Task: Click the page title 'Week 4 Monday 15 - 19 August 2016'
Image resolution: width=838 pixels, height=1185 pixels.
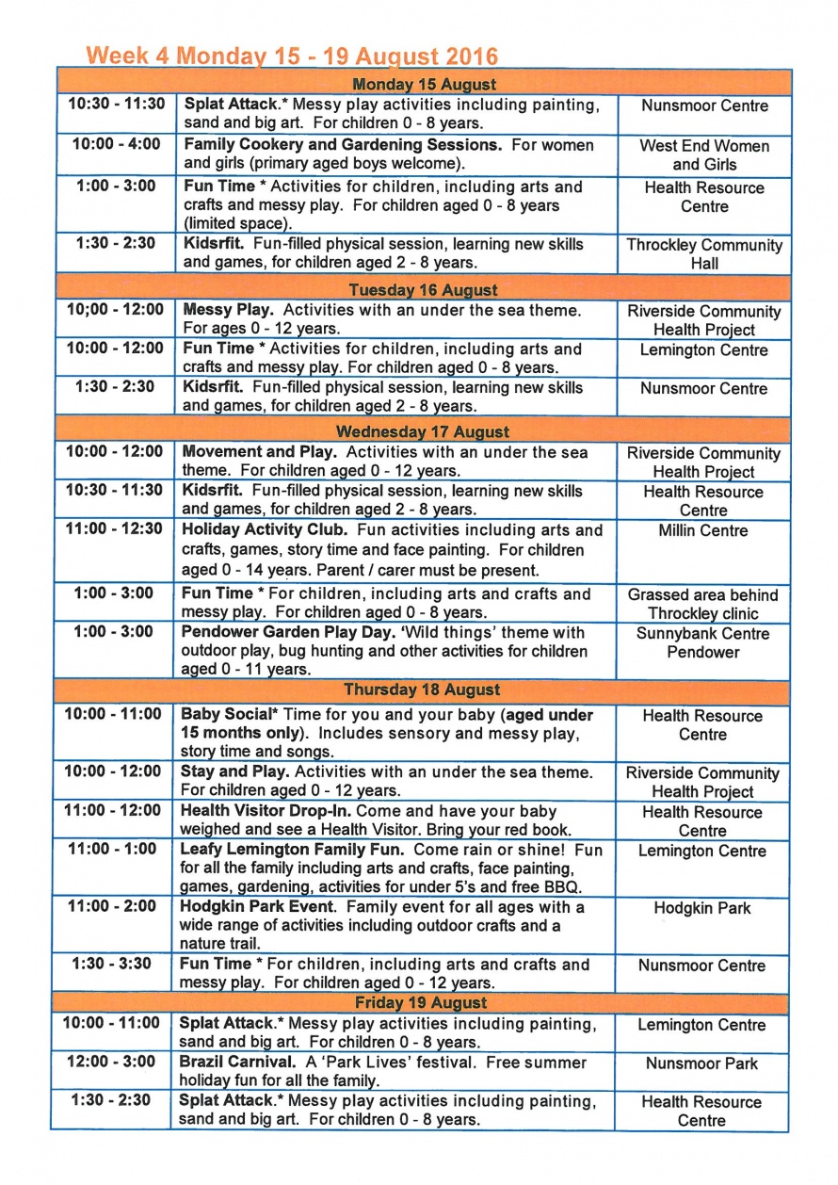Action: pyautogui.click(x=291, y=56)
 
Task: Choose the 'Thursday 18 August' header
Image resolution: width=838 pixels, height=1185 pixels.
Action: pyautogui.click(x=421, y=690)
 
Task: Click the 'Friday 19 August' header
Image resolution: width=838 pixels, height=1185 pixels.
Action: pyautogui.click(x=421, y=1002)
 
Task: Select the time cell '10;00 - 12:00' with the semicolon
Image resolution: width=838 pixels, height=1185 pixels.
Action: pyautogui.click(x=114, y=310)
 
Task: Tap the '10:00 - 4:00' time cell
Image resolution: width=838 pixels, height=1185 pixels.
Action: pyautogui.click(x=115, y=145)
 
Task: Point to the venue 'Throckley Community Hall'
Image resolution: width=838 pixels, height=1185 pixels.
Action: pyautogui.click(x=703, y=254)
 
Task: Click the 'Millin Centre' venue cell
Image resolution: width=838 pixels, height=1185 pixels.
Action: pyautogui.click(x=703, y=531)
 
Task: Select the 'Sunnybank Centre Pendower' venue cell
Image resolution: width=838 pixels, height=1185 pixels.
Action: pyautogui.click(x=702, y=642)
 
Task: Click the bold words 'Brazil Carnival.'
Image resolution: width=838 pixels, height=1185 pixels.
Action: pyautogui.click(x=235, y=1063)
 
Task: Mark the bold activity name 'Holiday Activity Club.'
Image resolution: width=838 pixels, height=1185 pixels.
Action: pyautogui.click(x=258, y=530)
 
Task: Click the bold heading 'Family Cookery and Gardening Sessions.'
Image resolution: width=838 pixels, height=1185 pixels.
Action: pyautogui.click(x=342, y=145)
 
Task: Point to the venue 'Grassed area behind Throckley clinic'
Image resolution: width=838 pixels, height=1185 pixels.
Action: pyautogui.click(x=702, y=604)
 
